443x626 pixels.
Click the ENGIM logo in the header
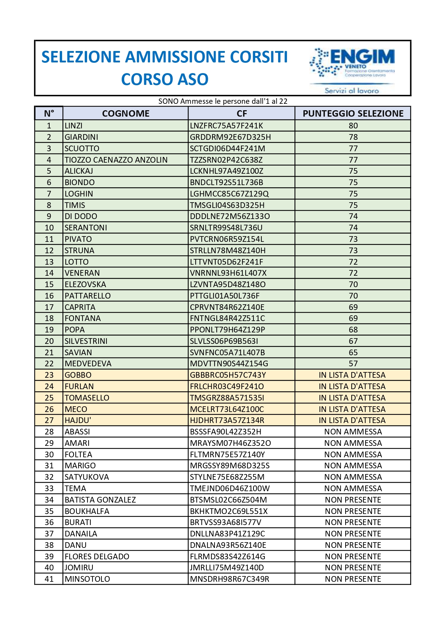352,68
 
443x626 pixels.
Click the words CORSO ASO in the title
165,79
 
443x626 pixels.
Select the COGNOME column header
126,113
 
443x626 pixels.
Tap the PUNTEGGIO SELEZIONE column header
353,113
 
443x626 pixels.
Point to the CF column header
242,113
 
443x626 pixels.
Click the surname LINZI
74,126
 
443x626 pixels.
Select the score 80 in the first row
353,126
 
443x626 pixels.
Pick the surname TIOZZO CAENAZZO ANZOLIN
116,160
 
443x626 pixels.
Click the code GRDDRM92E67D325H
230,137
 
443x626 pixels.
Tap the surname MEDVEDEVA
88,363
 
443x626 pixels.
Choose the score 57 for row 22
353,363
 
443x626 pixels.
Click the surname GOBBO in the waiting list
78,375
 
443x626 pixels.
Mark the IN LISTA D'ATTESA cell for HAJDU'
352,420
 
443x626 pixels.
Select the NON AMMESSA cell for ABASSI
353,432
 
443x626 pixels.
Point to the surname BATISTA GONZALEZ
100,500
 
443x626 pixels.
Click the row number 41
49,579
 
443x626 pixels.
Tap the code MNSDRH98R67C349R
230,579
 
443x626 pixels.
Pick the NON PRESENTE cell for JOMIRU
353,568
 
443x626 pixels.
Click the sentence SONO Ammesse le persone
223,101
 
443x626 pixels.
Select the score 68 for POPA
353,330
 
